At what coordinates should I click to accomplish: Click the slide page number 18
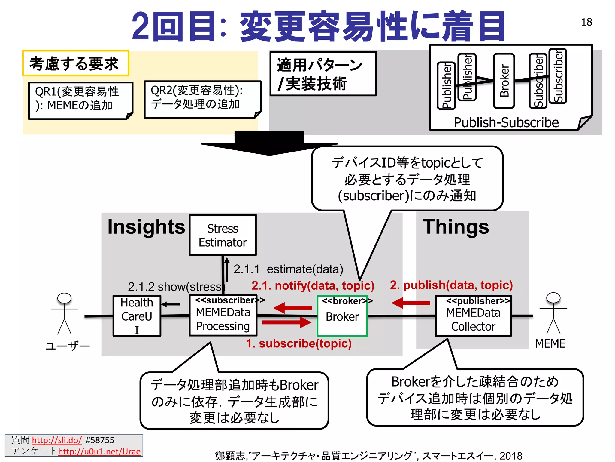point(586,22)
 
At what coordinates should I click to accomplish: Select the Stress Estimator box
point(223,235)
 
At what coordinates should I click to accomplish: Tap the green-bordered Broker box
point(342,316)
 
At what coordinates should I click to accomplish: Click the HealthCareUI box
point(137,316)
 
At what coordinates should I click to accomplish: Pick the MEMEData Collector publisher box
point(473,316)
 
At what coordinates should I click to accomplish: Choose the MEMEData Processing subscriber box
point(223,316)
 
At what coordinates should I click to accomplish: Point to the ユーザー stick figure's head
point(64,298)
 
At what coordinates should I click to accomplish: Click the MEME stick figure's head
point(553,298)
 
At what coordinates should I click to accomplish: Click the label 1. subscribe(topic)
point(298,343)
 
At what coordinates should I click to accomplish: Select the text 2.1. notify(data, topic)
point(313,285)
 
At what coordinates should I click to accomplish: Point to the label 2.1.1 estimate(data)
point(288,269)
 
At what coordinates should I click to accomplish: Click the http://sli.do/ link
point(56,440)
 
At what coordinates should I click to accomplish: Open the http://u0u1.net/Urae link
point(99,451)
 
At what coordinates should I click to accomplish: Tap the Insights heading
point(146,227)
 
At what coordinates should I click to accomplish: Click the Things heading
point(456,227)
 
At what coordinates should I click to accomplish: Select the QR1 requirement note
point(80,100)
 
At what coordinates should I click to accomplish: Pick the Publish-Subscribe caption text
point(506,122)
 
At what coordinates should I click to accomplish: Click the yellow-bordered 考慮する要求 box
point(75,63)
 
